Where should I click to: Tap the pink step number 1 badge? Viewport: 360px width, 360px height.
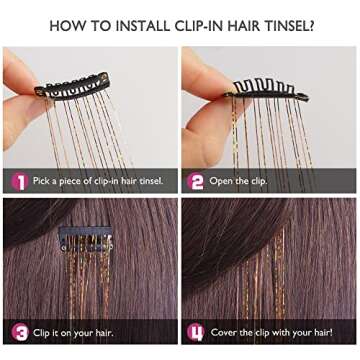[x=18, y=180]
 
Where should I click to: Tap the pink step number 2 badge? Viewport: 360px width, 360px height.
[x=197, y=180]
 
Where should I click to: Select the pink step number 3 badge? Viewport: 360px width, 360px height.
[x=18, y=331]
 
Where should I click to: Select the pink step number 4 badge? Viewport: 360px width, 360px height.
[x=197, y=331]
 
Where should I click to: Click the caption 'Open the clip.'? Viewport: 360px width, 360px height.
[x=240, y=181]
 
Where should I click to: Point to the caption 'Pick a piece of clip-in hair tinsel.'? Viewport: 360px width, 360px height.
[x=97, y=181]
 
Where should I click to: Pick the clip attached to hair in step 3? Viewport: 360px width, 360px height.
[x=77, y=240]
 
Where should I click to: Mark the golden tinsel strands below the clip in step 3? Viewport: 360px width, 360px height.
[x=80, y=285]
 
